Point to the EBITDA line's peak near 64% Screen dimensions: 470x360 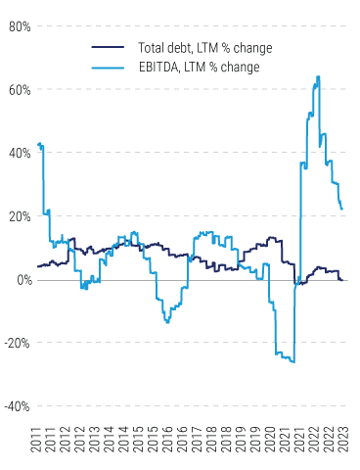coord(318,76)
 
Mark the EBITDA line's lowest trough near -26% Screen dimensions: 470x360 coord(292,362)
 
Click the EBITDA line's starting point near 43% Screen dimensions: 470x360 coord(37,144)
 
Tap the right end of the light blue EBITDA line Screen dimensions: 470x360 coord(341,209)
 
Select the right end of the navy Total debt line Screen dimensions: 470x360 coord(341,280)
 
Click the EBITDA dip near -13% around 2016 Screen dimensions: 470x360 coord(167,321)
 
